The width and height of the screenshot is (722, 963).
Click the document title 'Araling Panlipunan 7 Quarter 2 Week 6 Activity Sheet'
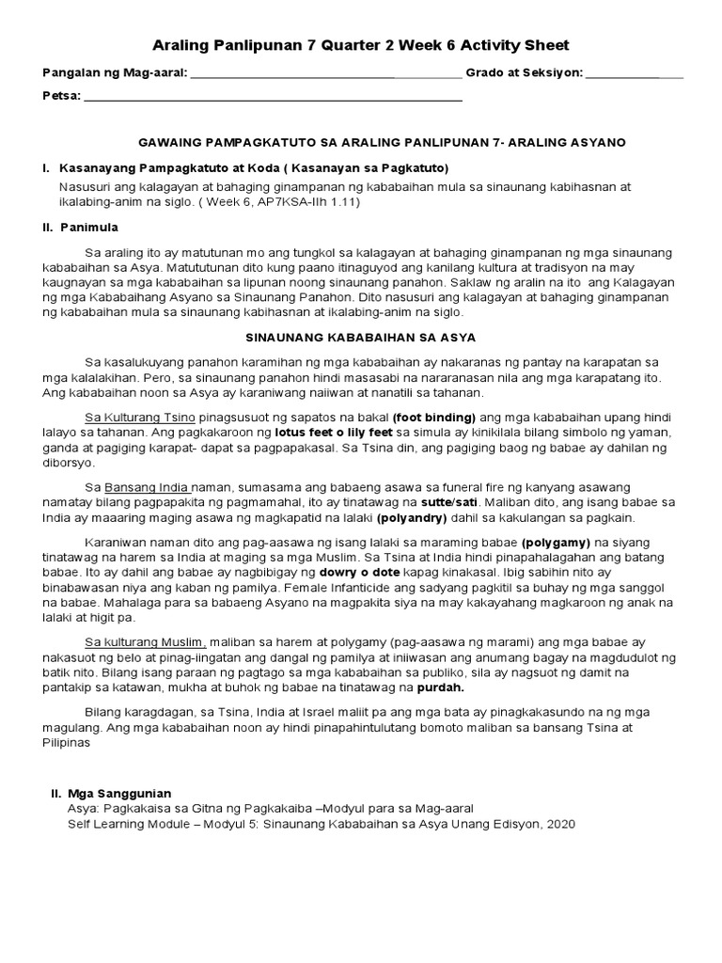click(361, 45)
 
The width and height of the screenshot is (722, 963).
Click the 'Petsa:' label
click(62, 96)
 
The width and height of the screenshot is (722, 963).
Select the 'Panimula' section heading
click(89, 227)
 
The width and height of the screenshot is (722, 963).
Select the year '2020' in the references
click(556, 824)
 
